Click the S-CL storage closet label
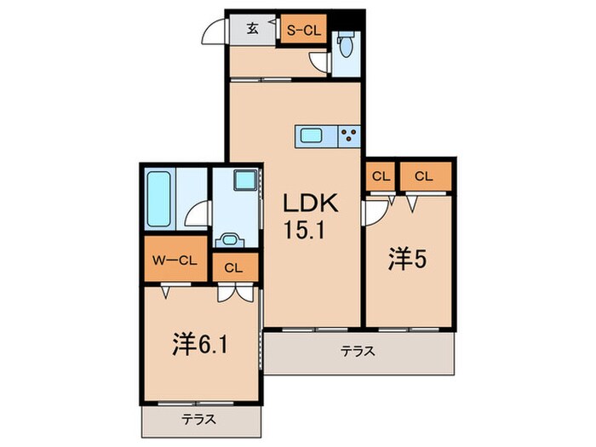point(301,31)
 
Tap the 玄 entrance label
point(253,29)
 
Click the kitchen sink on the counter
point(311,135)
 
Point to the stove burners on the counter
point(349,135)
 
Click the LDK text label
point(312,203)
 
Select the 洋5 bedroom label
point(406,258)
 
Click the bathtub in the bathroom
point(159,198)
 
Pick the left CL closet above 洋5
point(381,176)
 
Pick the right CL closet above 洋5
point(423,176)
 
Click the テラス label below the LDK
point(358,350)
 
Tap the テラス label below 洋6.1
point(198,419)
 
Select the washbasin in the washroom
point(229,239)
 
